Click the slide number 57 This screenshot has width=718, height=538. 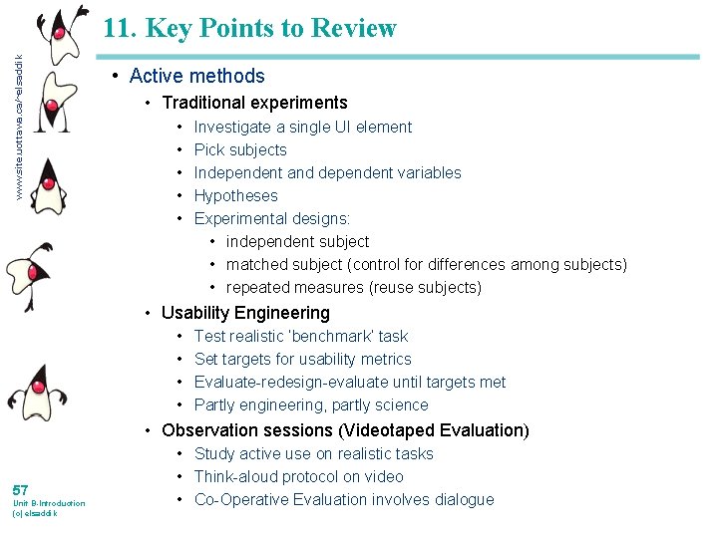pos(20,489)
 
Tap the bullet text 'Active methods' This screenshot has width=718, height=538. pos(196,76)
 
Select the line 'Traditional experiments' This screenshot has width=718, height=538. pos(254,103)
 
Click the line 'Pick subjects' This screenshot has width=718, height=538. pos(240,149)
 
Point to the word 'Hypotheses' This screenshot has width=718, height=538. pos(235,195)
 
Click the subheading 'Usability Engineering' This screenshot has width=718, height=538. pos(245,313)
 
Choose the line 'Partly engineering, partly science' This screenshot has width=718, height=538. pos(311,404)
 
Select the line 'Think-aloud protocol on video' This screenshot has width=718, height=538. pos(298,476)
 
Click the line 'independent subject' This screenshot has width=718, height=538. pos(297,241)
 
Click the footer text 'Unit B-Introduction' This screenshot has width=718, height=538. pos(48,503)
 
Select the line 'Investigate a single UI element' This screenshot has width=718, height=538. pos(302,127)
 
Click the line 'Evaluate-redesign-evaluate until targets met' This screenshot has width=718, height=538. pos(349,382)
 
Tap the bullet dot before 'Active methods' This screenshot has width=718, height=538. pos(117,76)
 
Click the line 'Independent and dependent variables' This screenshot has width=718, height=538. pos(327,172)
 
